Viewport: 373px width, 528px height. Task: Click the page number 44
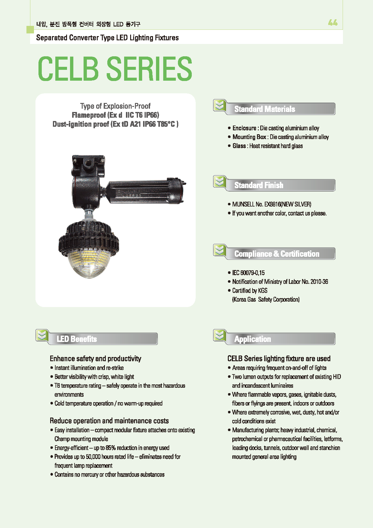[x=333, y=23]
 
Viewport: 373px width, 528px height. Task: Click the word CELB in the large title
[x=68, y=69]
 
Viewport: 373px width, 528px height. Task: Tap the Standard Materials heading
[x=264, y=109]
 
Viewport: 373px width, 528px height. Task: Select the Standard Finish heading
[x=259, y=185]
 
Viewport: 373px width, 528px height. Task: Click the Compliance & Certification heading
[x=277, y=254]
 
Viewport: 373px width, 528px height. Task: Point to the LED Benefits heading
[x=77, y=339]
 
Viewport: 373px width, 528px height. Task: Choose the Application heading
[x=252, y=339]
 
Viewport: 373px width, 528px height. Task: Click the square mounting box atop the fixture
[x=88, y=165]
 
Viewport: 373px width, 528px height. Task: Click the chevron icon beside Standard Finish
[x=220, y=182]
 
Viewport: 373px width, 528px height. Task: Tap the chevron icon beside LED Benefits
[x=42, y=335]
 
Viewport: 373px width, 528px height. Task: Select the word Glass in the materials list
[x=239, y=146]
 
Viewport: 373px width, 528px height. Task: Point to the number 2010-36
[x=319, y=282]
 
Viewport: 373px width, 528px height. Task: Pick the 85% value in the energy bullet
[x=111, y=448]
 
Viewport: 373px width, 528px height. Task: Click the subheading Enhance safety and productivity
[x=95, y=359]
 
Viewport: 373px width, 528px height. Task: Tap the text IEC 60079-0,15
[x=248, y=273]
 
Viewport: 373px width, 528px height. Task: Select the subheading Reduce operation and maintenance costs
[x=109, y=421]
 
